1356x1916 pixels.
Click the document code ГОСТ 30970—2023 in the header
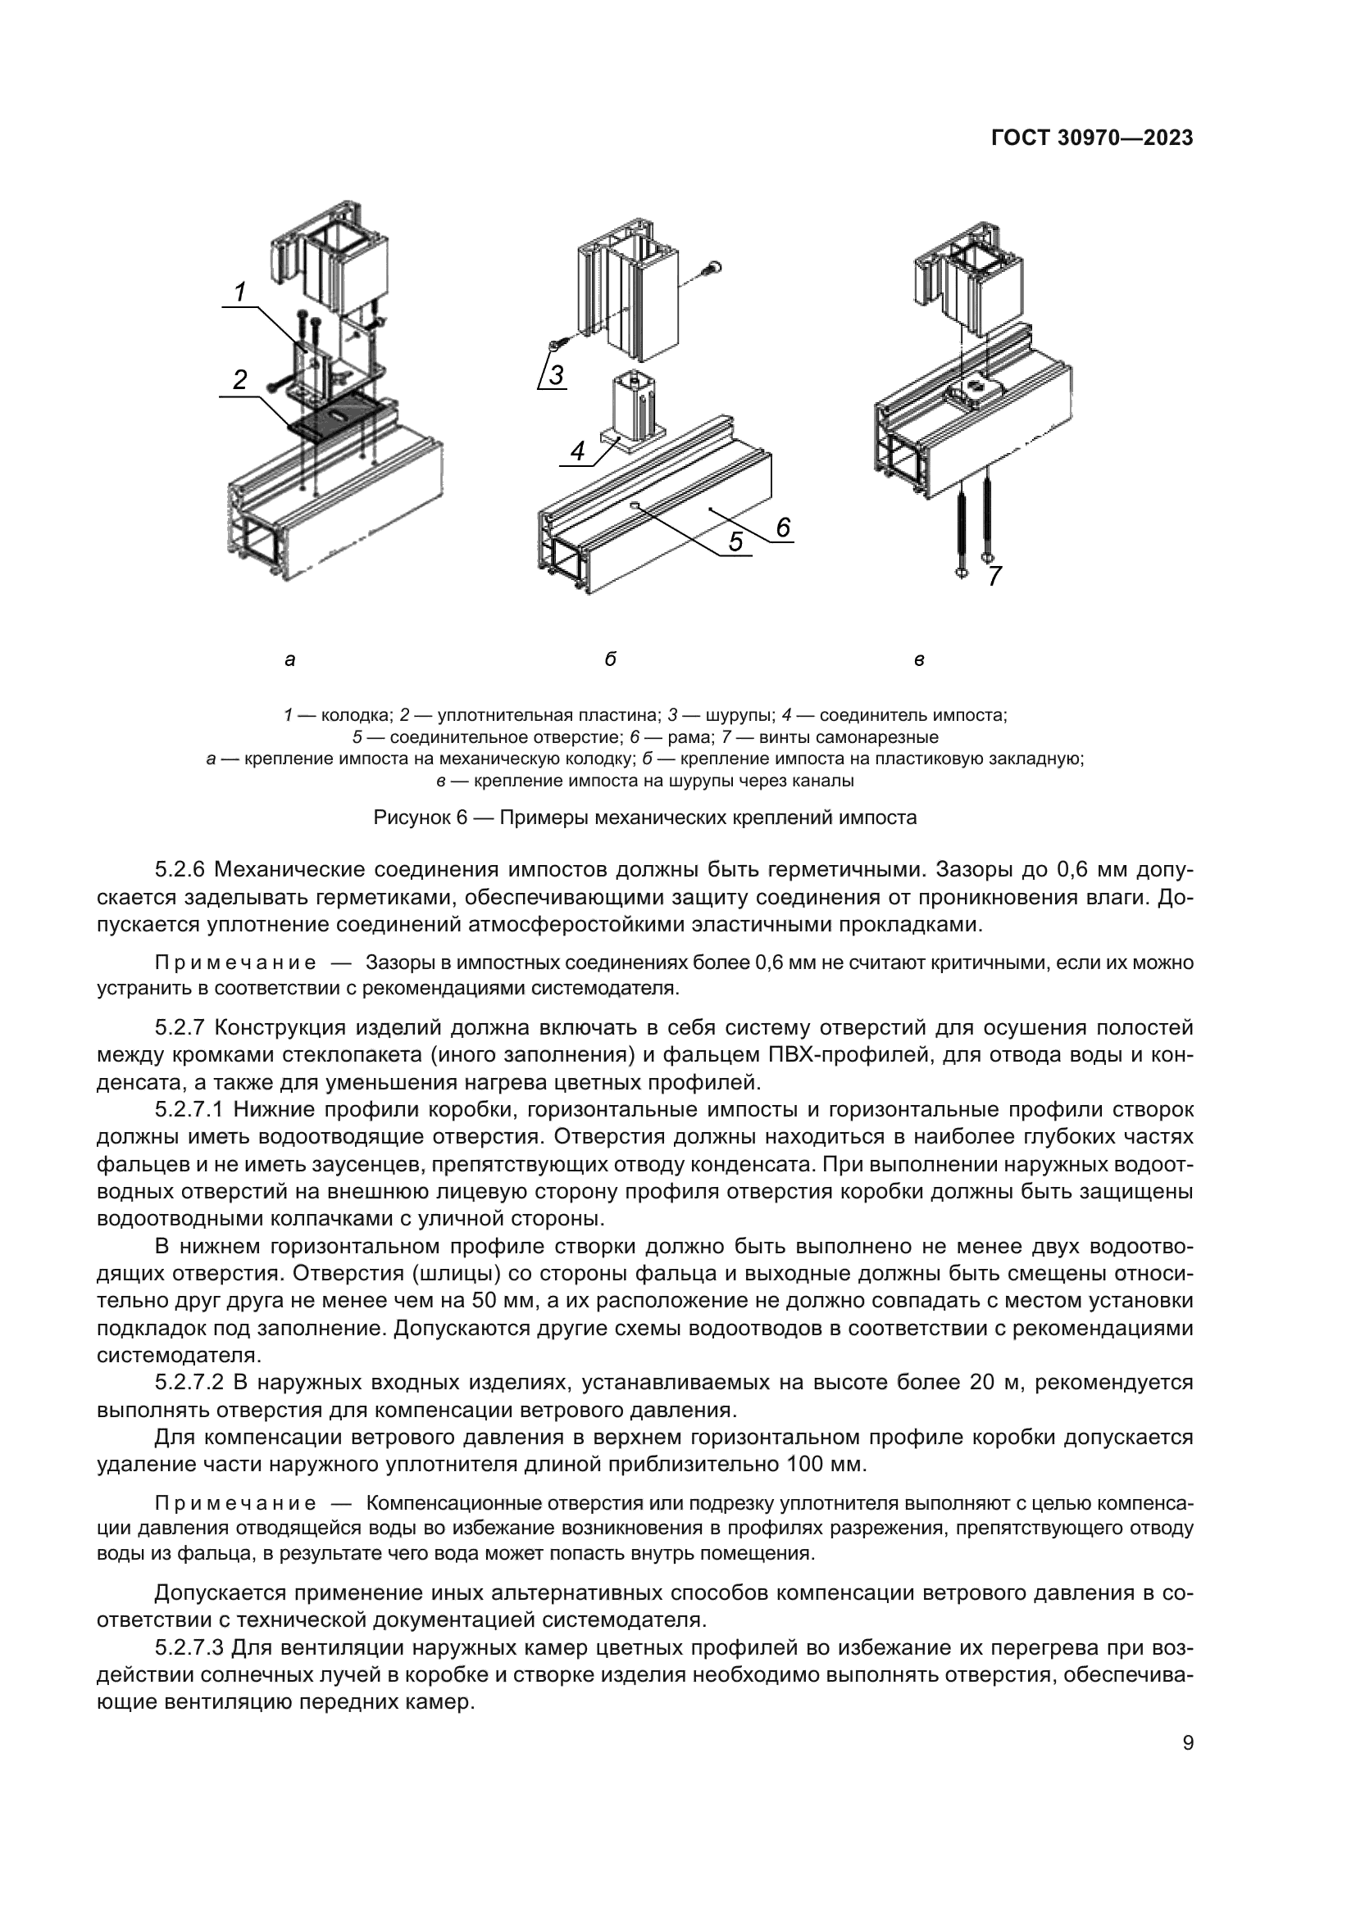coord(1091,138)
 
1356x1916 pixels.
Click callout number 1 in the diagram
coord(239,292)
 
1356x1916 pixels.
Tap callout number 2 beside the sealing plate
coord(239,381)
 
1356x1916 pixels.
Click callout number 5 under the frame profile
coord(735,541)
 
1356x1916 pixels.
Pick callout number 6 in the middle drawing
coord(782,528)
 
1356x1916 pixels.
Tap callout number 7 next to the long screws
coord(994,577)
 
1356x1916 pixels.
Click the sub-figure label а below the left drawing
coord(289,660)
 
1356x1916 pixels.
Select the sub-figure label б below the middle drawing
coord(611,660)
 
